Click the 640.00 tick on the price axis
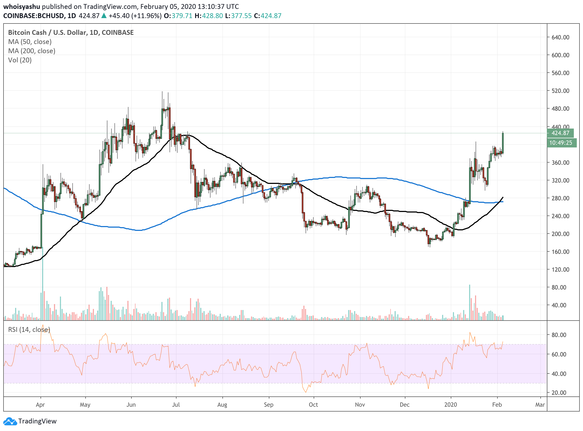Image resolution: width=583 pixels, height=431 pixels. coord(560,37)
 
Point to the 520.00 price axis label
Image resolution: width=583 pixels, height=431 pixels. coord(560,91)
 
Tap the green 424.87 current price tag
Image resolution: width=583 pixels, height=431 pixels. coord(560,133)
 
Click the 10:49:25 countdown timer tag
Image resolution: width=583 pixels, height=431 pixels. coord(561,143)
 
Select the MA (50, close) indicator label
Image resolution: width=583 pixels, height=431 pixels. coord(30,42)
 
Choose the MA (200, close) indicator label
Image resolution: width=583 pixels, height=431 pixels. coord(32,51)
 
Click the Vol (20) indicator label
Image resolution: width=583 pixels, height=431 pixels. coord(20,60)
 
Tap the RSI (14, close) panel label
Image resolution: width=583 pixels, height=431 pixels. coord(29,330)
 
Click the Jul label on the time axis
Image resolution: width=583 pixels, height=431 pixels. coord(176,405)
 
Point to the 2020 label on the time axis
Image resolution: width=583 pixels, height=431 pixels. coord(450,405)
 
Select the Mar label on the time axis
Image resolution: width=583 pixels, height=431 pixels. coord(540,405)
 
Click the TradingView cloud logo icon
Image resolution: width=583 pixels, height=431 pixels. coord(10,421)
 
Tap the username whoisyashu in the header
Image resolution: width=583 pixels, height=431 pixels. coord(22,6)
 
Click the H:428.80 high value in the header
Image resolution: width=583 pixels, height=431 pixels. coord(209,16)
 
